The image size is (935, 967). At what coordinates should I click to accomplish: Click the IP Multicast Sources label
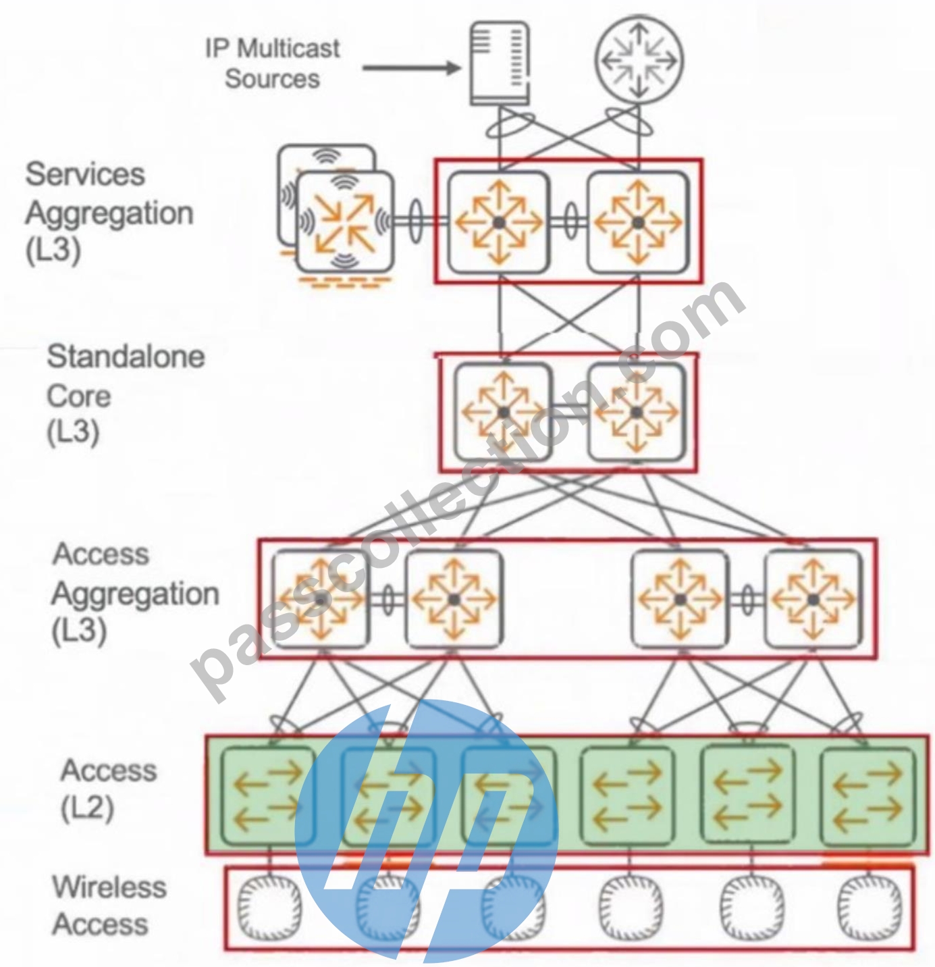[272, 63]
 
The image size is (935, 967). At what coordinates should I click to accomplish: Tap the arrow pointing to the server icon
[412, 68]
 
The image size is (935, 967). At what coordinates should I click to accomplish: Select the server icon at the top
[500, 63]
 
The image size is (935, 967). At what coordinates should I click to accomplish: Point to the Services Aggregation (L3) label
[109, 212]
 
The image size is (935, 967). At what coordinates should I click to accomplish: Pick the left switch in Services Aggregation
[499, 222]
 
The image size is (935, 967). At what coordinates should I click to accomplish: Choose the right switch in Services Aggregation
[639, 222]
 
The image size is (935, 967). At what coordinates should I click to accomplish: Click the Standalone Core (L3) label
[126, 394]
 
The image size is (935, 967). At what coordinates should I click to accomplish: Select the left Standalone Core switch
[503, 412]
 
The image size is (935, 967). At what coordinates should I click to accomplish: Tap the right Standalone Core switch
[637, 412]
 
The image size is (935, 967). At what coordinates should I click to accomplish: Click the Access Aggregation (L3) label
[135, 593]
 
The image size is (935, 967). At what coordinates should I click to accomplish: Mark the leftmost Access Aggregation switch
[321, 599]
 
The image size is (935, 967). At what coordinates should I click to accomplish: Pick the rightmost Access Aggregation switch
[813, 599]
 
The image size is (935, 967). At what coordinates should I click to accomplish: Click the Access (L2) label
[108, 789]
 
